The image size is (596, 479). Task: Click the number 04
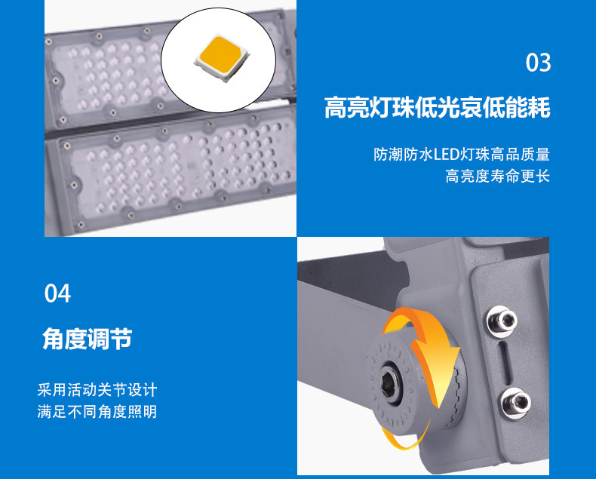click(57, 293)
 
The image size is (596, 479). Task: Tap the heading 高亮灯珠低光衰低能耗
click(437, 108)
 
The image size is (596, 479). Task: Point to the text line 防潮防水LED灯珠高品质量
click(462, 155)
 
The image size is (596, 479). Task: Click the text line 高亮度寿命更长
click(497, 177)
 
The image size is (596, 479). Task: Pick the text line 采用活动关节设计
click(97, 390)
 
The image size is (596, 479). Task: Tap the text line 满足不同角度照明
click(97, 412)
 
